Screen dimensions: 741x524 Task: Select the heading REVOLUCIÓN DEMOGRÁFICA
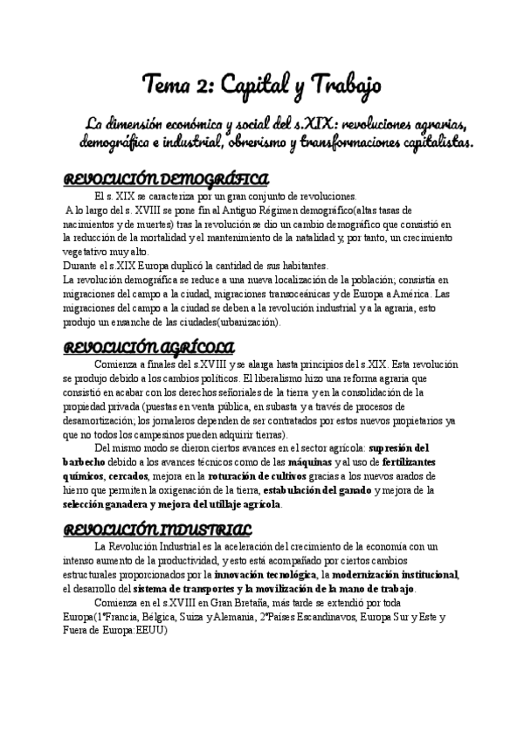click(x=167, y=180)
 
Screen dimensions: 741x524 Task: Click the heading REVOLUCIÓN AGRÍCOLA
click(x=150, y=346)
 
